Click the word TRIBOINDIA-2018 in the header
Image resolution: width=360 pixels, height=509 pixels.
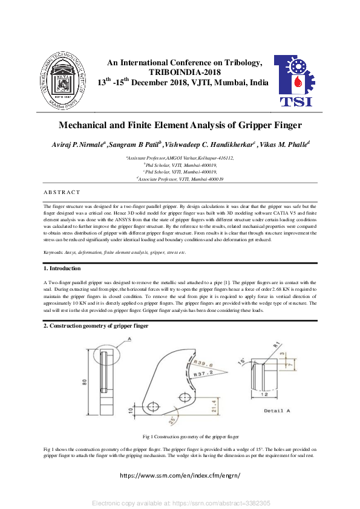(184, 72)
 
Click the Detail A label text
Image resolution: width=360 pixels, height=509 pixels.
(277, 410)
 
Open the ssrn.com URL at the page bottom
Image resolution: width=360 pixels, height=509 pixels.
(180, 475)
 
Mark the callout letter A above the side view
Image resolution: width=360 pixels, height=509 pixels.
(129, 340)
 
